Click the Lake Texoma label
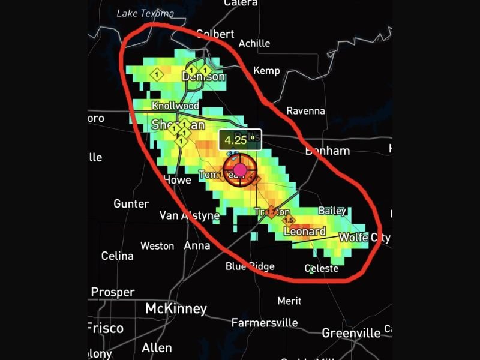[145, 13]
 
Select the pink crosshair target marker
[240, 170]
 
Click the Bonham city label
[327, 151]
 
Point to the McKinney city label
[176, 309]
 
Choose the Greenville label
[351, 332]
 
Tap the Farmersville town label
[265, 323]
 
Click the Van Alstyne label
[189, 216]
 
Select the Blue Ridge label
[250, 266]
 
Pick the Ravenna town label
[305, 111]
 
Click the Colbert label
[215, 34]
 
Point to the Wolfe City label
[364, 238]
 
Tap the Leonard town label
[304, 232]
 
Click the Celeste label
[322, 269]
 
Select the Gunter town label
[131, 204]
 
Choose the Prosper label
[112, 292]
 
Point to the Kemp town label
[266, 71]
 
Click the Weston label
[157, 246]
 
